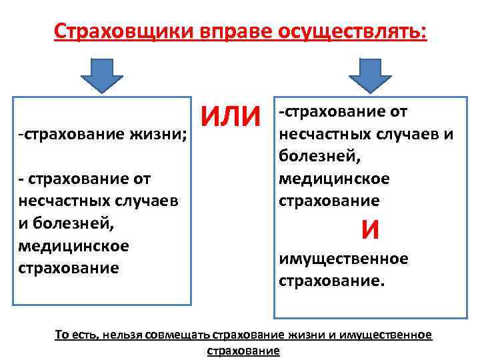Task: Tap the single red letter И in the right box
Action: [x=371, y=230]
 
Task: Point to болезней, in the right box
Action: [x=310, y=156]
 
